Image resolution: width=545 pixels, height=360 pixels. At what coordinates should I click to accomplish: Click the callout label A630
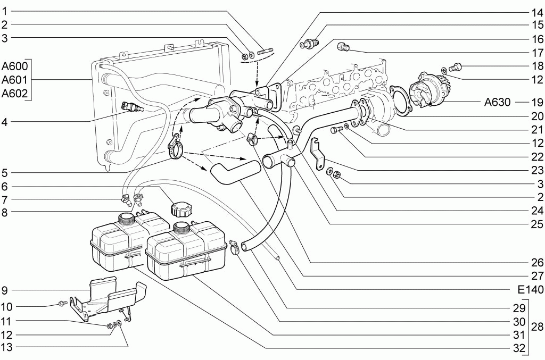[498, 102]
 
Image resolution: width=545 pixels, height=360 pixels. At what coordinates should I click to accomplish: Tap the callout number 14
[536, 13]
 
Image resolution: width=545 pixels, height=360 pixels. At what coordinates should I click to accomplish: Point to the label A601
[14, 80]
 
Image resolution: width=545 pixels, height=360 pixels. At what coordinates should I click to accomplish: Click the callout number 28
[536, 326]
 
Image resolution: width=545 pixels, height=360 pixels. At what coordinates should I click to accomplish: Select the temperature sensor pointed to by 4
[131, 106]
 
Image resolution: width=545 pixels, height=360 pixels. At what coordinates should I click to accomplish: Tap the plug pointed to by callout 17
[343, 47]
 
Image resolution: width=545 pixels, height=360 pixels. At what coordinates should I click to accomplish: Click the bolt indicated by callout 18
[455, 67]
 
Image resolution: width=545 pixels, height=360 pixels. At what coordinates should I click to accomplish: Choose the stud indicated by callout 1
[266, 52]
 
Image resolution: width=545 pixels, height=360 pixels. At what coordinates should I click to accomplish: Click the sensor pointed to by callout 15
[310, 44]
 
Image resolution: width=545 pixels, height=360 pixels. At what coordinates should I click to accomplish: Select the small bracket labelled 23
[317, 153]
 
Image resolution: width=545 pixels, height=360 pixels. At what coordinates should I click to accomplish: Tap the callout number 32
[519, 348]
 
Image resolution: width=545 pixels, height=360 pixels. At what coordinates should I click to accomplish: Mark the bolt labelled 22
[336, 130]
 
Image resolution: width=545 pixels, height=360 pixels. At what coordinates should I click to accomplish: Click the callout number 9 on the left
[4, 290]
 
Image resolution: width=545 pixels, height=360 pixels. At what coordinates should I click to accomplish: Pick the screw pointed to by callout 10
[62, 304]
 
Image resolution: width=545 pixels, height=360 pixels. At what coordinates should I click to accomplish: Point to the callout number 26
[536, 262]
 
